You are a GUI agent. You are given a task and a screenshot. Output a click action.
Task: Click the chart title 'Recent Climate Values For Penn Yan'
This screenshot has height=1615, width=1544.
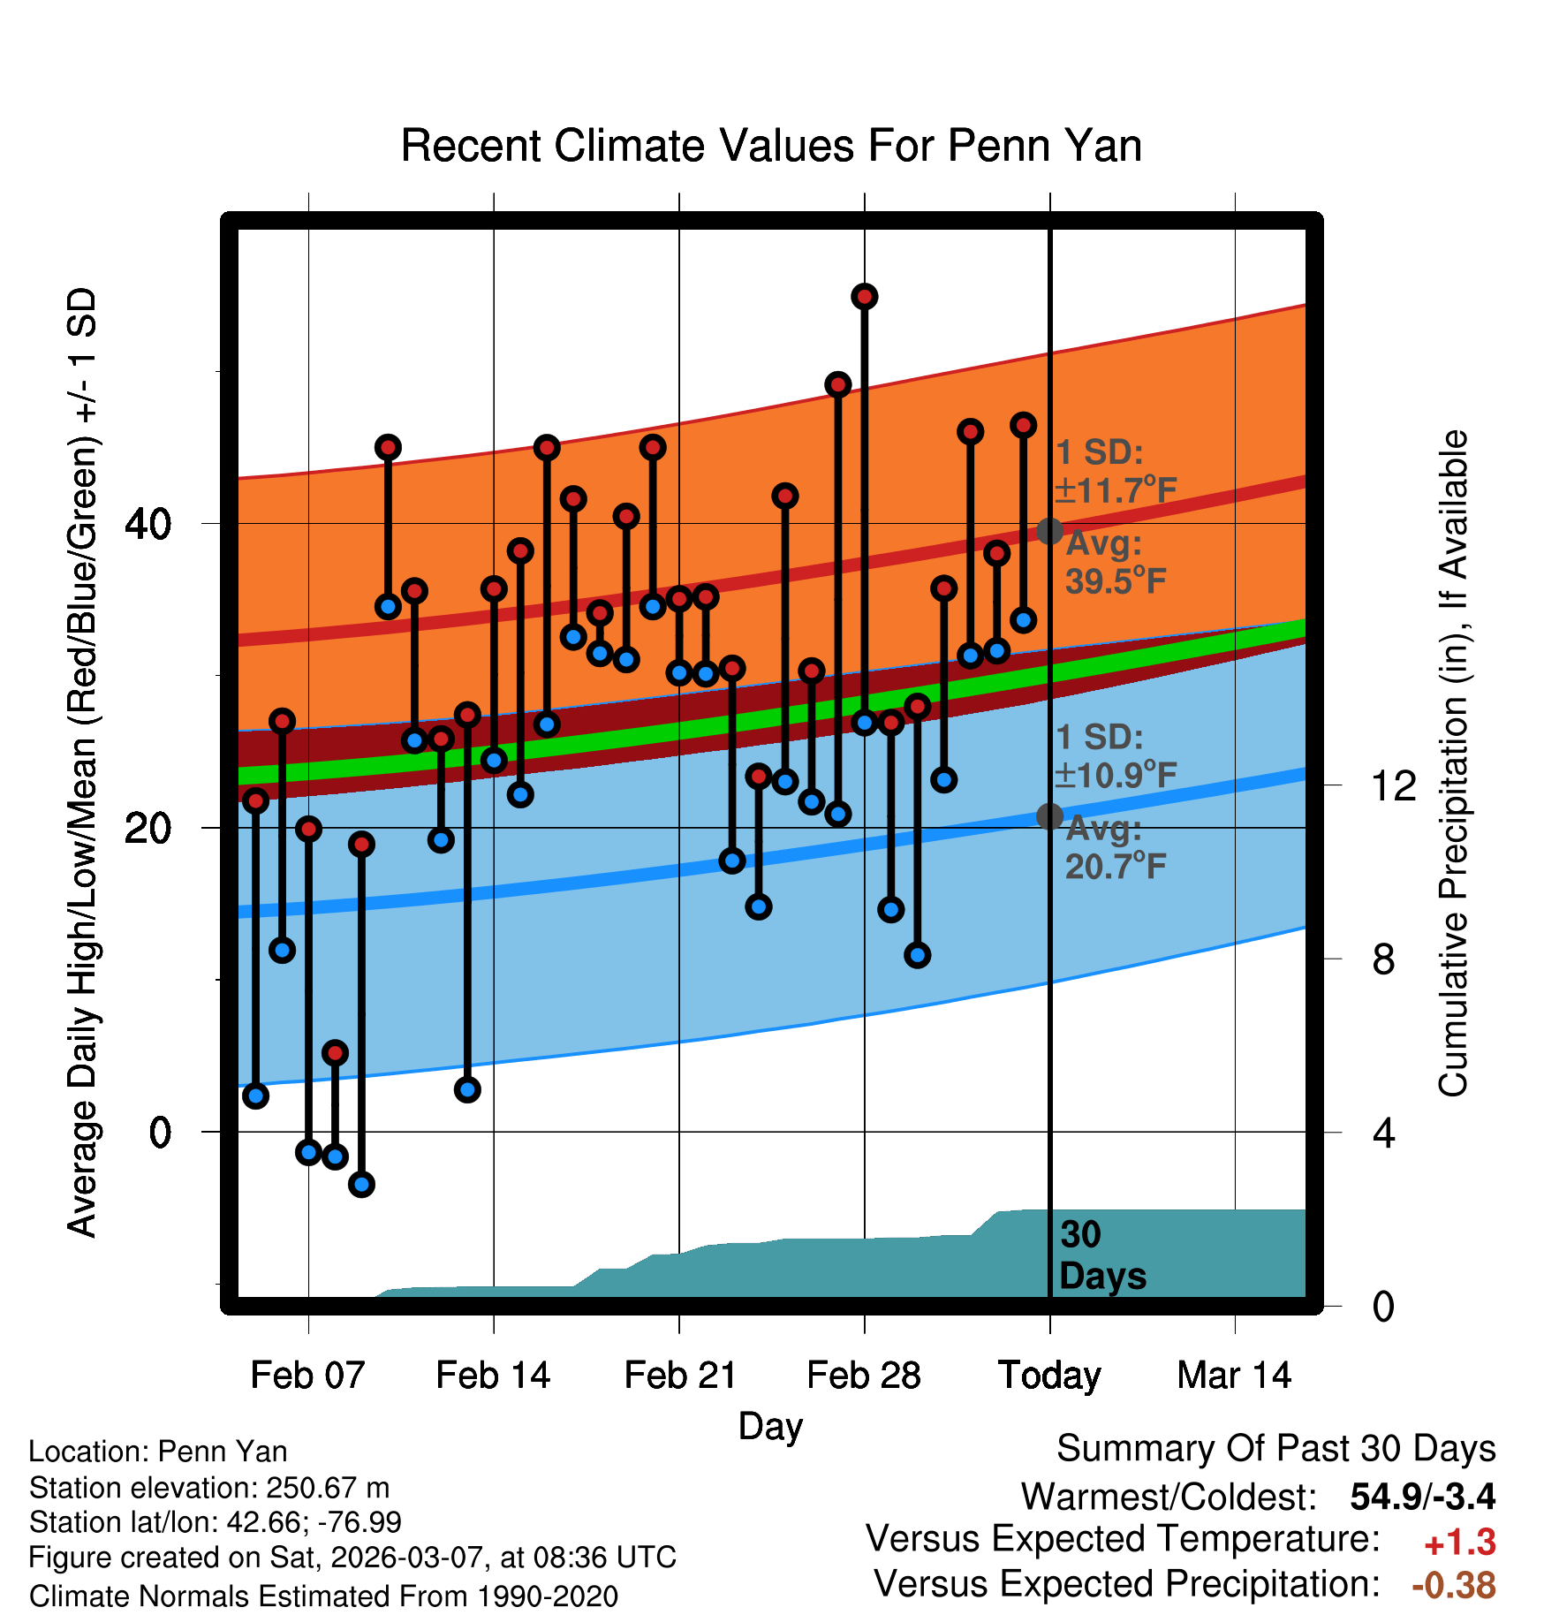point(771,146)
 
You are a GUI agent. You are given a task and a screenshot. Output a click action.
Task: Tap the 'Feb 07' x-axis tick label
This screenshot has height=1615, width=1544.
point(307,1376)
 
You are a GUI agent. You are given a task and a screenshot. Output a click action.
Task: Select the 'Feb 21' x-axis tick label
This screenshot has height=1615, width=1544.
point(680,1376)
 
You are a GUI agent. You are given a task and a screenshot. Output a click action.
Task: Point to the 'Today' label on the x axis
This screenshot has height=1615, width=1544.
point(1049,1376)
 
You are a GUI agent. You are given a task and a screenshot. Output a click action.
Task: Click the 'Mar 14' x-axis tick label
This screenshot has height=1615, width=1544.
point(1235,1376)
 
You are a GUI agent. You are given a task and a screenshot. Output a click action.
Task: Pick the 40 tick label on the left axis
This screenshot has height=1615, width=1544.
point(148,524)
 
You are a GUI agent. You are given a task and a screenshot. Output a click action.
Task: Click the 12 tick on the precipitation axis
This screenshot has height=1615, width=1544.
point(1393,785)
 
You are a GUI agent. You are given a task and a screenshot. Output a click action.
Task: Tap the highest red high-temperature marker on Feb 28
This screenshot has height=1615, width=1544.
point(865,297)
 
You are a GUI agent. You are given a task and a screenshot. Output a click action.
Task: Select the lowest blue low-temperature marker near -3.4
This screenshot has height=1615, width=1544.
point(361,1184)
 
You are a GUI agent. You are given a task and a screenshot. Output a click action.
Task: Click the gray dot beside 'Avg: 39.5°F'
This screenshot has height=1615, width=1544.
point(1049,531)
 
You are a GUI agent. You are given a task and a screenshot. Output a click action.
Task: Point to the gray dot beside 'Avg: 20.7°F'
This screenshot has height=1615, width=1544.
point(1049,816)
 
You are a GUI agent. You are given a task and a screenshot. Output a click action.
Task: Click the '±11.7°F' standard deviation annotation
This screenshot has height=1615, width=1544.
point(1116,489)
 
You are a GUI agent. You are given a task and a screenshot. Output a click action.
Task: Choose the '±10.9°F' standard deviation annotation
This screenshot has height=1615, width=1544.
point(1116,775)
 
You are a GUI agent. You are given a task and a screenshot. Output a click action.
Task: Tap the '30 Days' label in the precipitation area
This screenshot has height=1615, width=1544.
point(1101,1255)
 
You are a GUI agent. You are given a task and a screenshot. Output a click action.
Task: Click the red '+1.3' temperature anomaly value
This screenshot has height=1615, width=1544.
point(1459,1543)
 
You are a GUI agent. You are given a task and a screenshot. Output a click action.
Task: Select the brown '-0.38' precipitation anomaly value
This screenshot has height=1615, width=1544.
point(1454,1585)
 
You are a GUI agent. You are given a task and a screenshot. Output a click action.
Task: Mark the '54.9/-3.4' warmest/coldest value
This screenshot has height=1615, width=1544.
point(1422,1497)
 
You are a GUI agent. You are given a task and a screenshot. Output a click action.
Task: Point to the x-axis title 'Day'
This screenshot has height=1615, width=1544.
point(770,1426)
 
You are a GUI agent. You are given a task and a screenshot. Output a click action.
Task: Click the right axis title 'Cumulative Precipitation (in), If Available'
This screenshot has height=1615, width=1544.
point(1453,763)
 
